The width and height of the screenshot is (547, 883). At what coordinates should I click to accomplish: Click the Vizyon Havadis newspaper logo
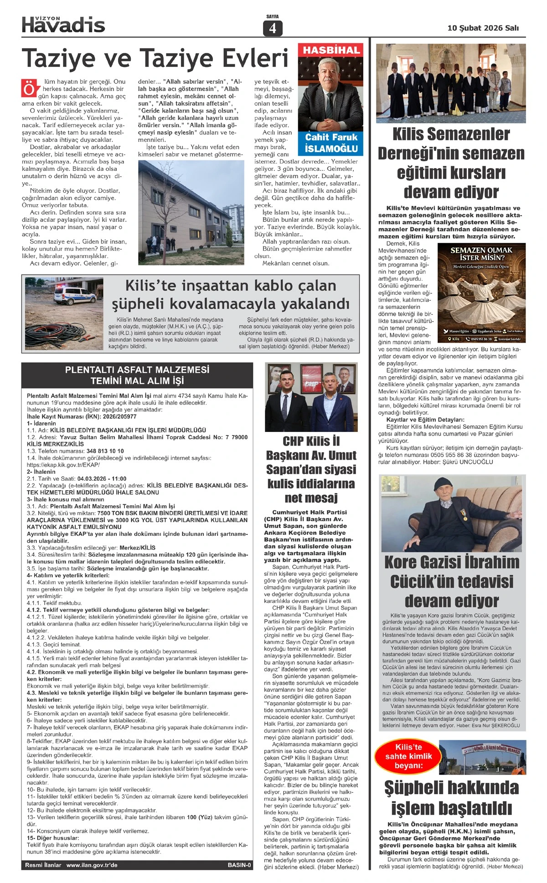click(x=63, y=25)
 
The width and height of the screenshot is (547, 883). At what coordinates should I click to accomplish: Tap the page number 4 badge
click(x=273, y=28)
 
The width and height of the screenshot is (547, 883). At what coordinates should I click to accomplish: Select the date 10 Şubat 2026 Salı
click(x=483, y=28)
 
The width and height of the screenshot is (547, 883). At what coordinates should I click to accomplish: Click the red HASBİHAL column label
click(x=331, y=50)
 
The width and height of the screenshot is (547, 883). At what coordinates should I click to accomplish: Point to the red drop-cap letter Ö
click(x=29, y=88)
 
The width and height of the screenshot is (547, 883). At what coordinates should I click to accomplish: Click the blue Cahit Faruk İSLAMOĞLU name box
click(x=331, y=143)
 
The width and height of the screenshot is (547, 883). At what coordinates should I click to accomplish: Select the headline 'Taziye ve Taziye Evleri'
click(x=155, y=58)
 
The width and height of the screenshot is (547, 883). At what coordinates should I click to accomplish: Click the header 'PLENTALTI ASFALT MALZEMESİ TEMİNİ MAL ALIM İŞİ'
click(x=137, y=375)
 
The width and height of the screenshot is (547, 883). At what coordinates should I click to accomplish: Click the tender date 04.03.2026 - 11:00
click(x=102, y=479)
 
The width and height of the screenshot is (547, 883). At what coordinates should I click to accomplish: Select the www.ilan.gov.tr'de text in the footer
click(x=92, y=865)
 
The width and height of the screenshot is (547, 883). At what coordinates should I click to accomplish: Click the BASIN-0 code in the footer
click(x=239, y=865)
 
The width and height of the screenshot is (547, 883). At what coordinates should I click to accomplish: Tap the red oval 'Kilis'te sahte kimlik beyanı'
click(x=408, y=756)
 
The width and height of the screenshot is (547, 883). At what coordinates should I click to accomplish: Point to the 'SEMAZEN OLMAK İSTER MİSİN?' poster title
click(x=481, y=254)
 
